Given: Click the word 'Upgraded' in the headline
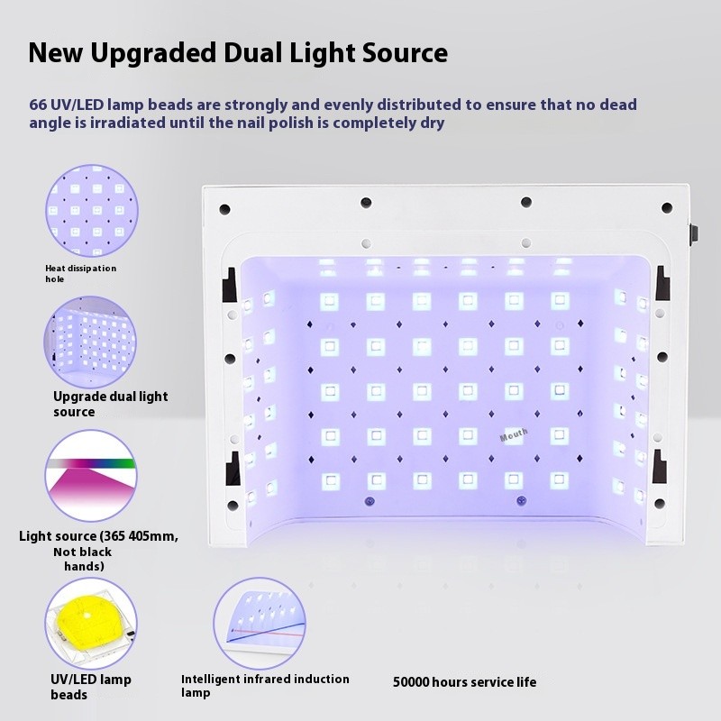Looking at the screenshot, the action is tap(153, 53).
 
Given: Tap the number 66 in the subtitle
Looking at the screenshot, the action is tap(38, 105).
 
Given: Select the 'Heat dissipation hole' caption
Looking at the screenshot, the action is tap(80, 273).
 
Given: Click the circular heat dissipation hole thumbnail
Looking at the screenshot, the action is tap(92, 211).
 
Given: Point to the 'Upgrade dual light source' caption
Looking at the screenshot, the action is tap(110, 404).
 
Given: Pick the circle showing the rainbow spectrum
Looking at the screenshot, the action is tap(91, 476).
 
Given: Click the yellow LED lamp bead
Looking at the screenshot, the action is tap(87, 621).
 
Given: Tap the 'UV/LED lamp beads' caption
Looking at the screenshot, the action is tap(91, 687).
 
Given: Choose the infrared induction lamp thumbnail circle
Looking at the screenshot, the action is tap(260, 624).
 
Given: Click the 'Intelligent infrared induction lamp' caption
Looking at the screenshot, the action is tap(265, 686).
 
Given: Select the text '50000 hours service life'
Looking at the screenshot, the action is tap(464, 682).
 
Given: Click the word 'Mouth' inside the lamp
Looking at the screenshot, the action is tap(514, 435).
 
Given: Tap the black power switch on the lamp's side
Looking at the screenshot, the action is tap(692, 233).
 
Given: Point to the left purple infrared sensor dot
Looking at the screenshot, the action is tap(369, 501).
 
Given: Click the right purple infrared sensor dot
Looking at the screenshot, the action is tap(521, 500).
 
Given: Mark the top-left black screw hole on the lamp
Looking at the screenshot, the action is tap(224, 209).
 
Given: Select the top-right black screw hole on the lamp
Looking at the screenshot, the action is tap(667, 208).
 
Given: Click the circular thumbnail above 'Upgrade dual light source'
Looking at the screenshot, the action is tap(90, 342).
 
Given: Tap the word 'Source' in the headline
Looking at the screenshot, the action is tap(405, 53).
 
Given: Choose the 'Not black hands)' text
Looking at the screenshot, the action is tap(83, 559).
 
